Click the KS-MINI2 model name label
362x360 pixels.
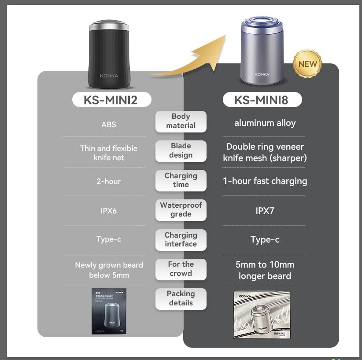(x=111, y=100)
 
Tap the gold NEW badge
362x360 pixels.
(x=307, y=64)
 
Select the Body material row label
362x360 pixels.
(x=181, y=121)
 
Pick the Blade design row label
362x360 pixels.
(x=181, y=151)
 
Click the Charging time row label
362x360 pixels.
(x=181, y=180)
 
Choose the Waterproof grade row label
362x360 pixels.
(x=181, y=209)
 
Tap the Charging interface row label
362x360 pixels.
(x=181, y=239)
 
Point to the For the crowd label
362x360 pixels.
(x=181, y=268)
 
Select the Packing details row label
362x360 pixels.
(x=181, y=298)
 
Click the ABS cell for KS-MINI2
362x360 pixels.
(x=109, y=125)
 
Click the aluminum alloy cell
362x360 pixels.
(x=265, y=123)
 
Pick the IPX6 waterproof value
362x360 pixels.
(x=109, y=211)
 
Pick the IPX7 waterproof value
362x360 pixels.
(x=265, y=211)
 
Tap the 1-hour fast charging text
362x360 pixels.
(x=265, y=181)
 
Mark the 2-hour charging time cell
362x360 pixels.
(x=109, y=181)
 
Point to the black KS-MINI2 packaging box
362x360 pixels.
(x=109, y=311)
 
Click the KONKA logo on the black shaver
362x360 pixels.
(x=109, y=76)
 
